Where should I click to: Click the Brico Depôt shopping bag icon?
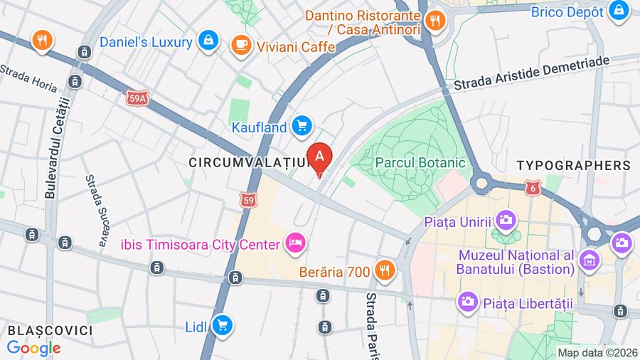click(x=619, y=11)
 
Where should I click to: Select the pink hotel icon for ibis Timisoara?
click(x=294, y=245)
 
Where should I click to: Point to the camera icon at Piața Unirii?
click(x=506, y=219)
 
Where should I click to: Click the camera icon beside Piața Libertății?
click(x=467, y=302)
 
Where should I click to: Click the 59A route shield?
click(x=139, y=99)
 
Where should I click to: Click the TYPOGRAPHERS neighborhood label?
click(x=573, y=165)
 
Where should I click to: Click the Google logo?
click(x=33, y=348)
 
